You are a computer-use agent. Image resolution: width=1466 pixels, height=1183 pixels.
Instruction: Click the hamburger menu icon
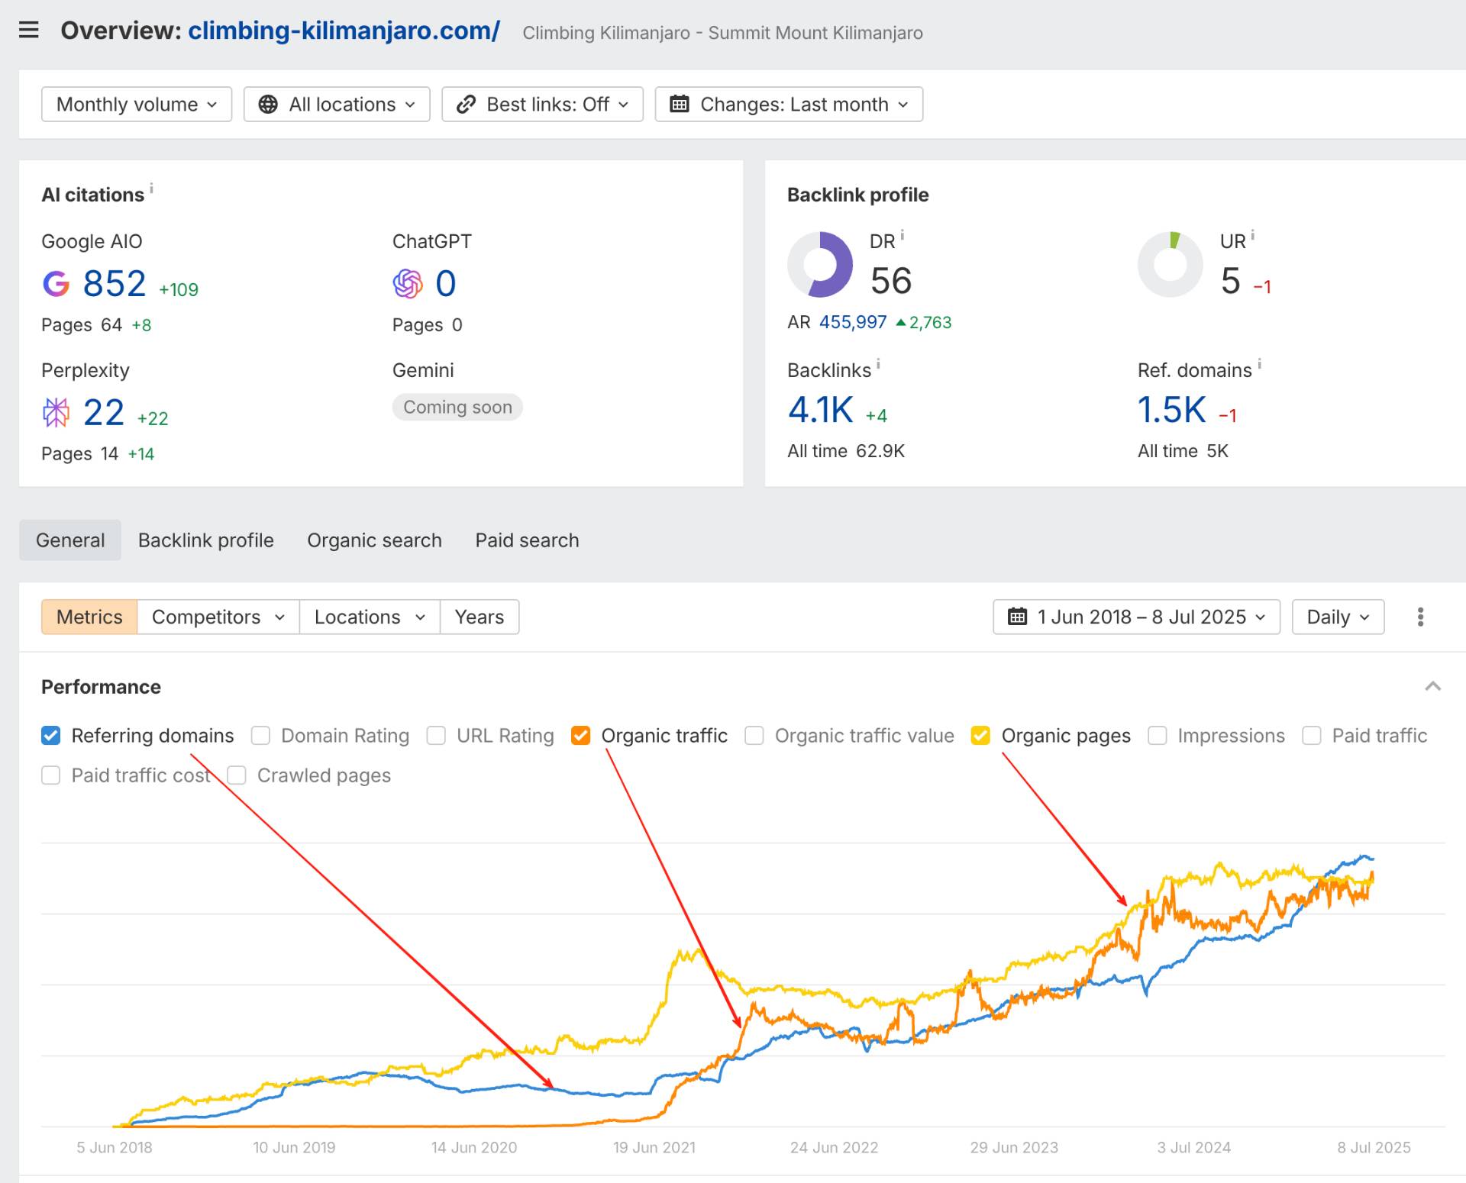click(28, 30)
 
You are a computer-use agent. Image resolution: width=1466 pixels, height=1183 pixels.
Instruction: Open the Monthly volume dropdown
click(137, 105)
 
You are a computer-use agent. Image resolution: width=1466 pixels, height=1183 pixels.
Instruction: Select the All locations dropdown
click(337, 105)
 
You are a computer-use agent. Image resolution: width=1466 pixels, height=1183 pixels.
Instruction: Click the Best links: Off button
click(542, 105)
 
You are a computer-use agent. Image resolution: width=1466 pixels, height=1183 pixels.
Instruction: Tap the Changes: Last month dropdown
click(789, 105)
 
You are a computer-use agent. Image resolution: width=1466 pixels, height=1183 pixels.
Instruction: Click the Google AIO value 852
click(115, 284)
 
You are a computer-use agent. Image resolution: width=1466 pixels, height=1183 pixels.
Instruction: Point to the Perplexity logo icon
click(56, 413)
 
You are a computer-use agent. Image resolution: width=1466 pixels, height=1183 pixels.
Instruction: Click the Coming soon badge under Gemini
click(457, 408)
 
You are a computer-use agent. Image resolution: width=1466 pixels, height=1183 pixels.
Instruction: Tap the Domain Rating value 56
click(891, 281)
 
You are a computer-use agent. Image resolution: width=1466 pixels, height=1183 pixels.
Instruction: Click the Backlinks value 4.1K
click(820, 411)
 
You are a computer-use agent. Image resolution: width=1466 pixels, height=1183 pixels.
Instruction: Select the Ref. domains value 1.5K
click(1171, 411)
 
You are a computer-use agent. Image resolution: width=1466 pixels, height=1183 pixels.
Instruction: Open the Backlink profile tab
click(206, 540)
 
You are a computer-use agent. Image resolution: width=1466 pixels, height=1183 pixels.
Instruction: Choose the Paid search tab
click(527, 540)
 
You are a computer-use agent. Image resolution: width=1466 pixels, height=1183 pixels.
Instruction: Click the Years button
click(480, 617)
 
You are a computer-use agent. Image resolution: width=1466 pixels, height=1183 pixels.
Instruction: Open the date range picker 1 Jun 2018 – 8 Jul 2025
click(1136, 617)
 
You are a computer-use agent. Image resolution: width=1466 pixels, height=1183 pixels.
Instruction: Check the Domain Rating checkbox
click(261, 736)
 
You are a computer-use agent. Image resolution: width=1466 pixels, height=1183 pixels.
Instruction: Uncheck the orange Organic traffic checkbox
click(581, 736)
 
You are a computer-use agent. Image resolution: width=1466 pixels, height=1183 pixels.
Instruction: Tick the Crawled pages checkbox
click(237, 775)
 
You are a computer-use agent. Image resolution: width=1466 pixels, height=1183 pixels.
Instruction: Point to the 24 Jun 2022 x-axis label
click(834, 1148)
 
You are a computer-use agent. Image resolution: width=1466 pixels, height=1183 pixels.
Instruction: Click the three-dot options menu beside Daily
click(1420, 617)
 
